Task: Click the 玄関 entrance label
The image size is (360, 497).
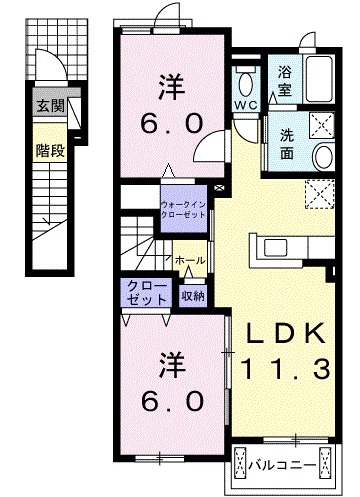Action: [48, 105]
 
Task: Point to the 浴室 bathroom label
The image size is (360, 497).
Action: [284, 79]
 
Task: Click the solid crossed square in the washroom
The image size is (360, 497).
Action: [321, 126]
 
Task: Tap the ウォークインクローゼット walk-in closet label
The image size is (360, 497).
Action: [184, 205]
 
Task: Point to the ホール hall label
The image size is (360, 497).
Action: [190, 260]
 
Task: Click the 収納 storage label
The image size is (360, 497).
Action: [193, 294]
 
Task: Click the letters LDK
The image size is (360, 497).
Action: [281, 333]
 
